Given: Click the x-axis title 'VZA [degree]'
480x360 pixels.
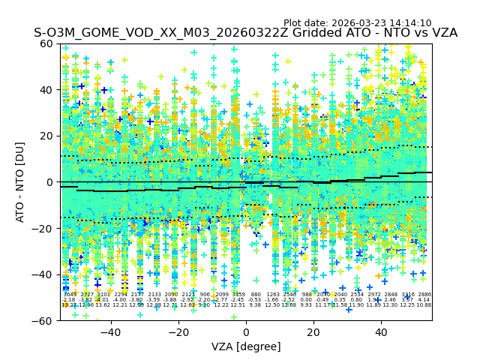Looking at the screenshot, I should (246, 346).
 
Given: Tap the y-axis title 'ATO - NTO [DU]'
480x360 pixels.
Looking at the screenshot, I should (20, 181).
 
